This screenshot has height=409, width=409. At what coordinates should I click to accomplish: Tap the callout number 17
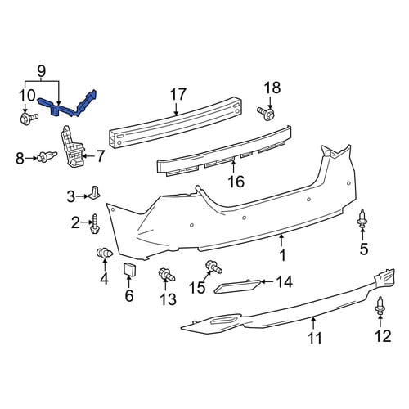[x=178, y=94]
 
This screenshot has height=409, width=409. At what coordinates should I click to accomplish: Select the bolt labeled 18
[x=266, y=113]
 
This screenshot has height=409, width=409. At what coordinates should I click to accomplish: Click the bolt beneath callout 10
[x=29, y=118]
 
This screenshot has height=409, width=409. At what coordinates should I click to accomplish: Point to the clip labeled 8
[x=47, y=156]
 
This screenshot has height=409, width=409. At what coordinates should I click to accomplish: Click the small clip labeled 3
[x=94, y=191]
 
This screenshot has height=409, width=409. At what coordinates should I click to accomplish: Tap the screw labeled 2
[x=95, y=224]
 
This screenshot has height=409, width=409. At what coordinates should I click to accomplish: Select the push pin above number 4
[x=104, y=254]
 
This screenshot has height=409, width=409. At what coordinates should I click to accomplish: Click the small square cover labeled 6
[x=129, y=269]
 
